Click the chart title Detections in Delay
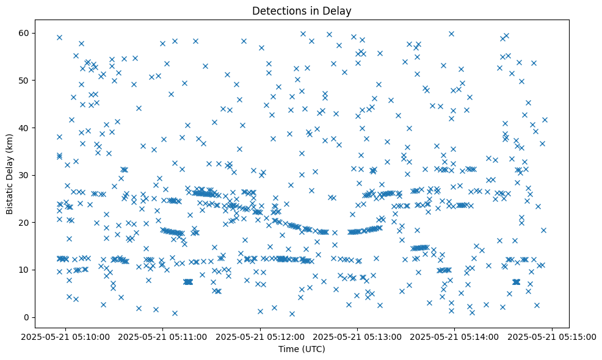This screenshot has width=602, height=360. point(302,10)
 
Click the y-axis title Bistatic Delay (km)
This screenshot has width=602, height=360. point(10,175)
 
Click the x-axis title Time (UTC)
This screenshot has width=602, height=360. point(302,350)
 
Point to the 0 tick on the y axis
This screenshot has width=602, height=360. point(27,317)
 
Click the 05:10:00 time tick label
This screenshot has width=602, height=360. point(66,336)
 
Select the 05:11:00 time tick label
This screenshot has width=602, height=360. point(163,336)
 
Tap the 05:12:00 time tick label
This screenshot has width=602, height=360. point(261,336)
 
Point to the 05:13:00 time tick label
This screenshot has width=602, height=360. point(358,336)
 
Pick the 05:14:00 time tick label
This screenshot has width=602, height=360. point(455,336)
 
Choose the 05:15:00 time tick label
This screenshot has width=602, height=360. point(553,336)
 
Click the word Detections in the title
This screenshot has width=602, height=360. point(278,10)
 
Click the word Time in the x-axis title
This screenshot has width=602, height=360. point(288,350)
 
